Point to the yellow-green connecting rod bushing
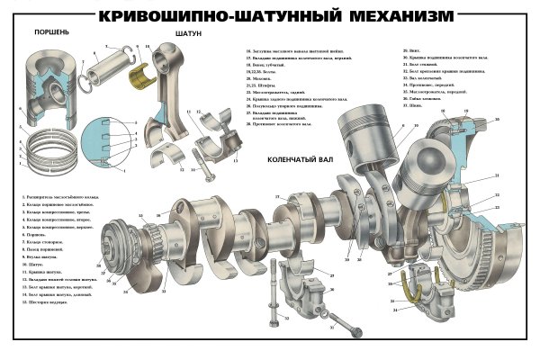click(x=140, y=76)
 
